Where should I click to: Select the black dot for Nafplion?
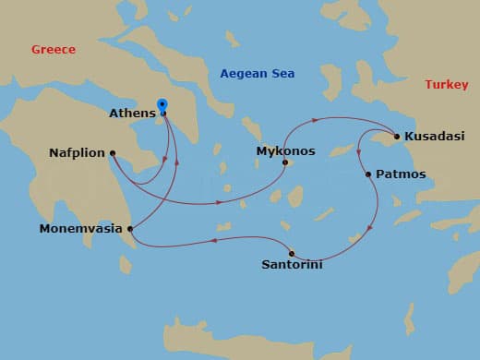tap(112, 153)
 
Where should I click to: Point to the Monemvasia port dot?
tap(131, 229)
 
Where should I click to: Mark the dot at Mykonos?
tap(285, 163)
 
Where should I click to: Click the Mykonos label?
tap(286, 150)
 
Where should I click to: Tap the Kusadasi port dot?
tap(397, 137)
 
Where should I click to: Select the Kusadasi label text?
tap(434, 137)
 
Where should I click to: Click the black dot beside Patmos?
tap(367, 174)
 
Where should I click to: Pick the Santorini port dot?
tap(292, 253)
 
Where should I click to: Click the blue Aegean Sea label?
tap(257, 73)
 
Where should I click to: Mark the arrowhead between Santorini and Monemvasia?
tap(214, 240)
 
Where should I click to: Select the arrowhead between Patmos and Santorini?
tap(371, 228)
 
